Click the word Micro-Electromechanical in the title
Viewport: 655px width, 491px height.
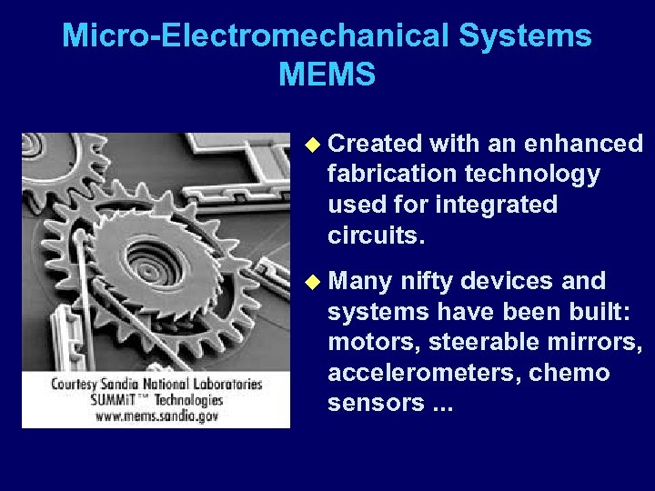[256, 36]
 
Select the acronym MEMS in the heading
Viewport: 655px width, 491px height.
[327, 75]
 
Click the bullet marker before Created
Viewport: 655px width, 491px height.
[312, 144]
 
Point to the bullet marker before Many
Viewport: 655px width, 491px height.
[312, 281]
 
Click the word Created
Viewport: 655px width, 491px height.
[375, 144]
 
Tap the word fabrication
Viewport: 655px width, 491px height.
[392, 174]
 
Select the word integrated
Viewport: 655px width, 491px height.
[496, 205]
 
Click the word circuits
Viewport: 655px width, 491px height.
[376, 235]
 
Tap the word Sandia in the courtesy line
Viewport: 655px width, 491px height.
[124, 384]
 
